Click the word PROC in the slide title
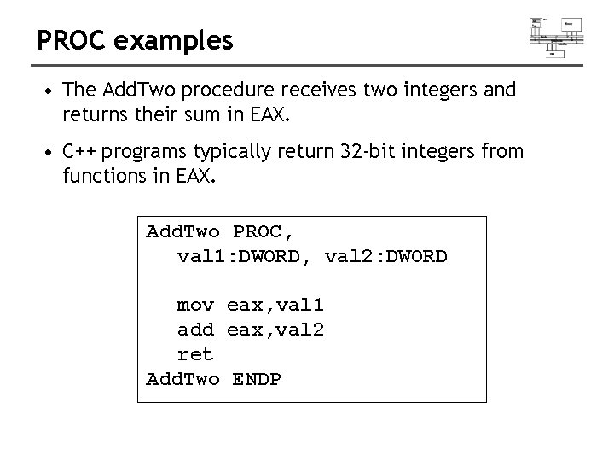pos(68,40)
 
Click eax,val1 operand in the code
pos(275,305)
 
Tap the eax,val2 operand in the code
pos(275,329)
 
